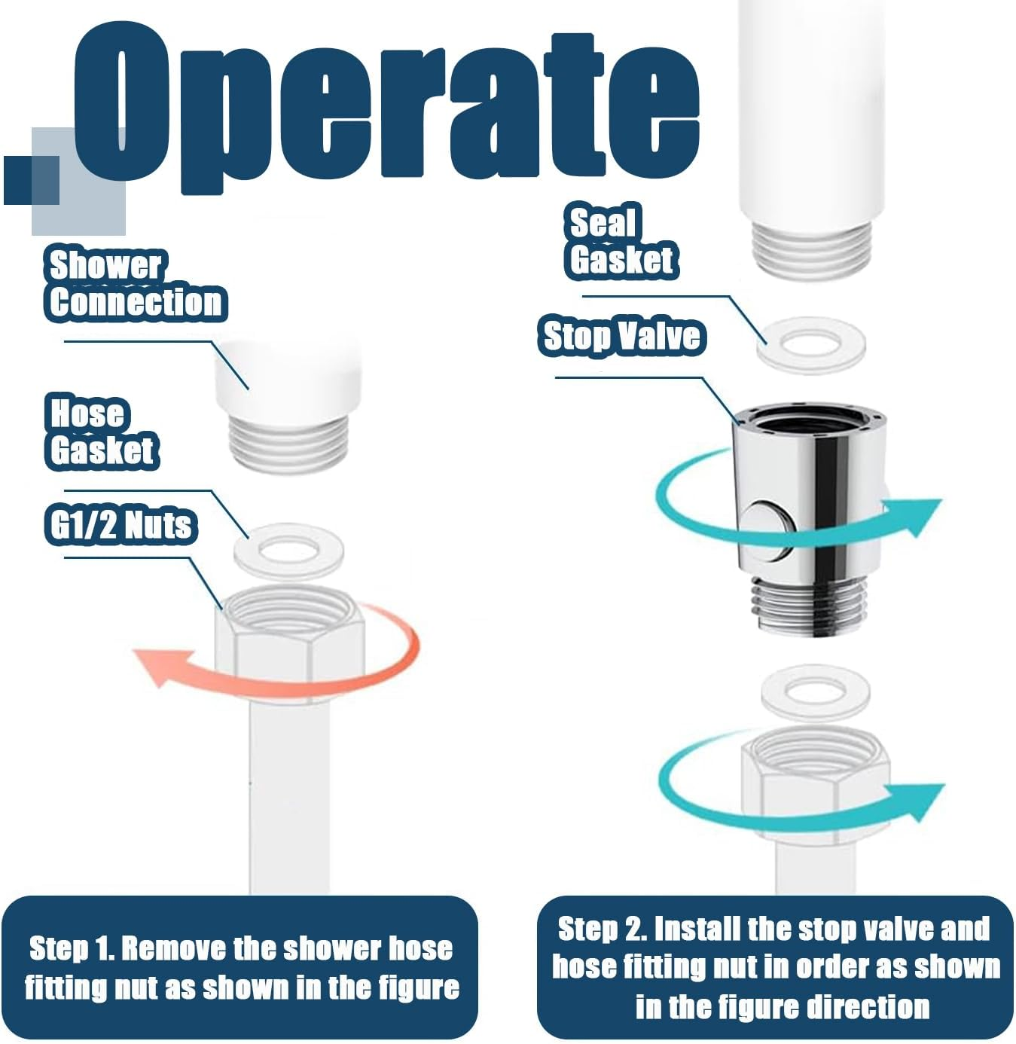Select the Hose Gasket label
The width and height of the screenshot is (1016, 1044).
click(102, 432)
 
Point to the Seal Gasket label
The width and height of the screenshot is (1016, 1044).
click(620, 243)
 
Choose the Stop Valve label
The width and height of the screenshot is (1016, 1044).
click(621, 336)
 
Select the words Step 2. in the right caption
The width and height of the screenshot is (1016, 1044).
click(601, 930)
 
